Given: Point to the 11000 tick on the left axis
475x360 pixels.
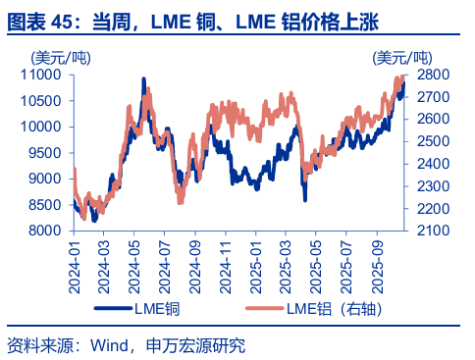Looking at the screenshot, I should [x=43, y=75].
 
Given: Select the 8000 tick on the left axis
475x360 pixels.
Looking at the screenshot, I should [x=46, y=231].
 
